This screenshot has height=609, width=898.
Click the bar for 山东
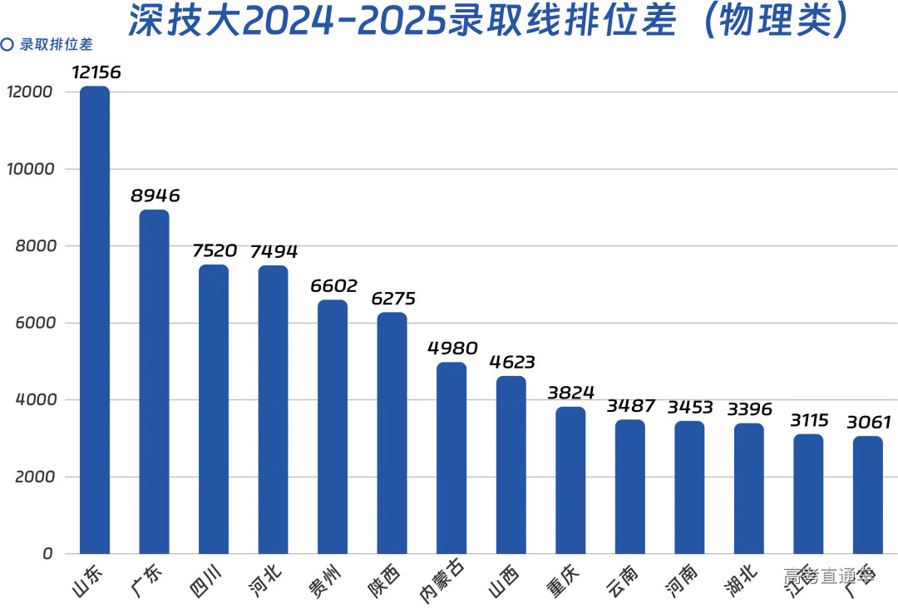pyautogui.click(x=94, y=320)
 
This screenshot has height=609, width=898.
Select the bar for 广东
pyautogui.click(x=154, y=382)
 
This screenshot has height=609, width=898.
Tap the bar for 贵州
pyautogui.click(x=333, y=427)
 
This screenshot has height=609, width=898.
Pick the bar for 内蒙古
pyautogui.click(x=451, y=458)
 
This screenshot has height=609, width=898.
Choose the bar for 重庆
pyautogui.click(x=570, y=480)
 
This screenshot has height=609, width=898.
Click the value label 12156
pyautogui.click(x=96, y=72)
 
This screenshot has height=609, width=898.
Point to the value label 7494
pyautogui.click(x=274, y=251)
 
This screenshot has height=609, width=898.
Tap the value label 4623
pyautogui.click(x=511, y=362)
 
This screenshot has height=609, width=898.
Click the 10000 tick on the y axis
pyautogui.click(x=30, y=169)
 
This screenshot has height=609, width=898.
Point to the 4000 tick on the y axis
pyautogui.click(x=33, y=400)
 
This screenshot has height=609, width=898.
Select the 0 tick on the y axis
pyautogui.click(x=47, y=554)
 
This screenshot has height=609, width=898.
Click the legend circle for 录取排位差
pyautogui.click(x=7, y=45)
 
